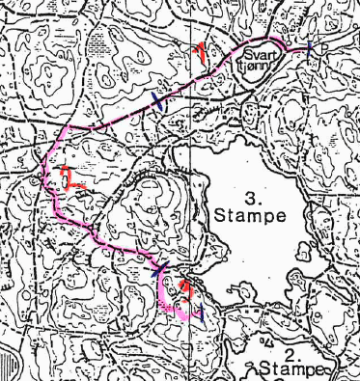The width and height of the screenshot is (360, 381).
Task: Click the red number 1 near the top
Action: tap(200, 52)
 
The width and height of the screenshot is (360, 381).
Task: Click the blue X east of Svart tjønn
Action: tap(308, 47)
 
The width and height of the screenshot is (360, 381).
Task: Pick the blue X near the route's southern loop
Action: tap(162, 272)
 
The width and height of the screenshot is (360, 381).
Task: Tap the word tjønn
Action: tap(263, 68)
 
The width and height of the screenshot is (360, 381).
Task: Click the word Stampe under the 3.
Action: tap(251, 215)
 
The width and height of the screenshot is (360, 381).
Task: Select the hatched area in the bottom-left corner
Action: tap(12, 366)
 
